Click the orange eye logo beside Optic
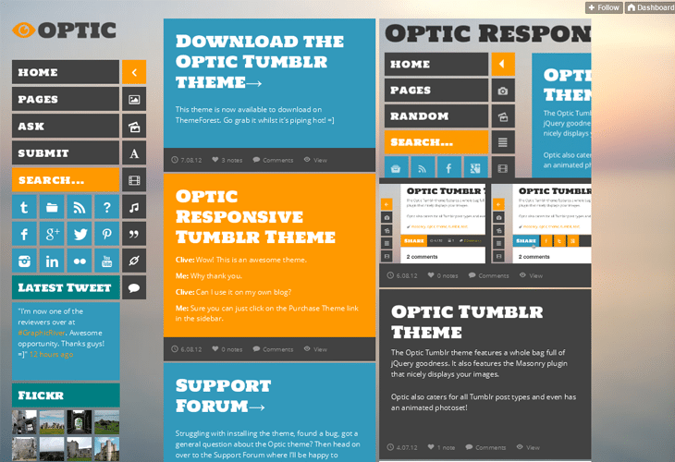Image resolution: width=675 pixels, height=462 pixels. click(x=24, y=30)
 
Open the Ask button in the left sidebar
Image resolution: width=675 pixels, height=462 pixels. click(x=66, y=127)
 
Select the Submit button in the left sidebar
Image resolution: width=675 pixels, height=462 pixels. click(x=66, y=153)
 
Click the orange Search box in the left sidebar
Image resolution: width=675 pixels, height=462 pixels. click(x=66, y=180)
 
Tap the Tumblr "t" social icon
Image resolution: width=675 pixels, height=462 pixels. click(x=24, y=207)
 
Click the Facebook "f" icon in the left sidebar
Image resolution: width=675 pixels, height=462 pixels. click(x=24, y=234)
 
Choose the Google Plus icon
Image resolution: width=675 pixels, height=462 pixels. click(x=52, y=234)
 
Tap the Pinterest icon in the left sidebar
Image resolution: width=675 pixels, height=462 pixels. click(x=107, y=234)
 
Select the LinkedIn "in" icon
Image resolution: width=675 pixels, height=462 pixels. click(x=52, y=261)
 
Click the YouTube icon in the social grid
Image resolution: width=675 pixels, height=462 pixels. click(x=107, y=261)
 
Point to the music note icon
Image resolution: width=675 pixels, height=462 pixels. click(x=134, y=207)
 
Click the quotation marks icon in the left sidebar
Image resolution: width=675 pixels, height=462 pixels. click(x=134, y=234)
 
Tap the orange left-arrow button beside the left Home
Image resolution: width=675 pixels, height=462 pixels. click(x=134, y=72)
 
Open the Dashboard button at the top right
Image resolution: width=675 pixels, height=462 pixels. click(x=650, y=7)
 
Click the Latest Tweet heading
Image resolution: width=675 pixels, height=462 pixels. click(x=66, y=287)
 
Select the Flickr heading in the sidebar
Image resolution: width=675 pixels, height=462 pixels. click(x=66, y=395)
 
